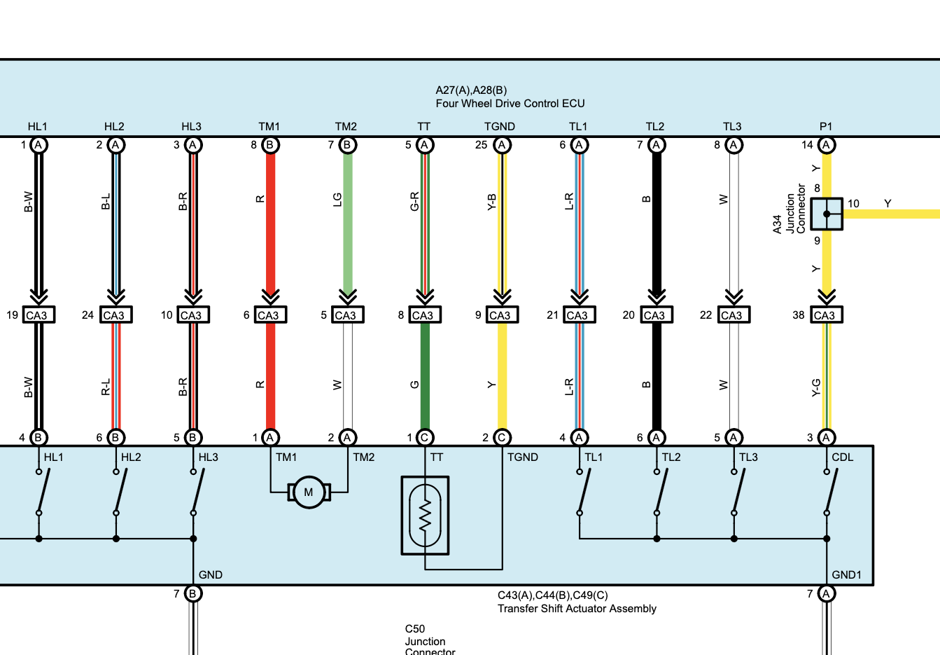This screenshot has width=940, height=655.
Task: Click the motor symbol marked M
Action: tap(309, 492)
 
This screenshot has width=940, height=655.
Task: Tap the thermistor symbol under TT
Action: tap(425, 516)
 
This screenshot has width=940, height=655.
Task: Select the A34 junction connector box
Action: tap(827, 214)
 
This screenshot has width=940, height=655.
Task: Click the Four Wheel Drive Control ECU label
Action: tap(510, 104)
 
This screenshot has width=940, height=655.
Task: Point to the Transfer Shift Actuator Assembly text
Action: tap(577, 608)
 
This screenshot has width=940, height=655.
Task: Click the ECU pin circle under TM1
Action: tap(270, 145)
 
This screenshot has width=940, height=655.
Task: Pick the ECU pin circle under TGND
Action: tap(502, 145)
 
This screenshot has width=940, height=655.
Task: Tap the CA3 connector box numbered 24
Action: tap(115, 315)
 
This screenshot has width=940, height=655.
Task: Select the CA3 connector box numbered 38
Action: tap(827, 315)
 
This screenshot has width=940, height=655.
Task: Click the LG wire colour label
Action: tap(337, 200)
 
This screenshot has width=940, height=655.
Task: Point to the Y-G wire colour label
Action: tap(816, 387)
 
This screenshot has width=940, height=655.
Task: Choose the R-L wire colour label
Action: tap(106, 387)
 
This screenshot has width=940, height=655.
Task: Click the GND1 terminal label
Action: tap(846, 574)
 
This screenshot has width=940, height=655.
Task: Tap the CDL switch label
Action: tap(842, 457)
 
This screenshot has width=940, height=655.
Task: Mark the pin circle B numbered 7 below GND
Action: tap(192, 593)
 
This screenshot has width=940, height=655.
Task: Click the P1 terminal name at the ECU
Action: tap(825, 127)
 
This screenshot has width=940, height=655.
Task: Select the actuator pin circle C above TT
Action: tap(425, 438)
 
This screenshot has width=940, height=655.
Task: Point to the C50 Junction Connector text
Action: tap(430, 641)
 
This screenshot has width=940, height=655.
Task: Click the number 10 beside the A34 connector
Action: tap(853, 204)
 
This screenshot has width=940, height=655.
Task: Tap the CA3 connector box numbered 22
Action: tap(734, 315)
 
